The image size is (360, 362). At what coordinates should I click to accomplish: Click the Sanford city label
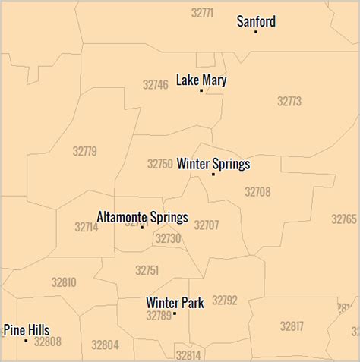tap(256, 21)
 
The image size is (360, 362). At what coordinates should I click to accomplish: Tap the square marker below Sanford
tap(256, 32)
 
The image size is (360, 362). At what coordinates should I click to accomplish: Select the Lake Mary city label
tap(201, 80)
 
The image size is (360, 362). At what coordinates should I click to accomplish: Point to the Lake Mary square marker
tap(201, 90)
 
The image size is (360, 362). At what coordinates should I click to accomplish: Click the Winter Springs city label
tap(213, 164)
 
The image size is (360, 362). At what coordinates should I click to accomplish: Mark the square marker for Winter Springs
tap(213, 175)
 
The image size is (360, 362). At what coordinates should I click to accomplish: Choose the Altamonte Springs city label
tap(142, 217)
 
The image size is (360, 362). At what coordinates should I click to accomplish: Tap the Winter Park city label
tap(175, 303)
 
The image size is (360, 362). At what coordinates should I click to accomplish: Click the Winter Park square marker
tap(175, 313)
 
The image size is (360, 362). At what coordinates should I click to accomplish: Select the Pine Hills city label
tap(27, 330)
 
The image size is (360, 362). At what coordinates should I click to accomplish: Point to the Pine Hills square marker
tap(27, 341)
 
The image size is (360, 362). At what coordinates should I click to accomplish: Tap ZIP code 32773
tap(289, 101)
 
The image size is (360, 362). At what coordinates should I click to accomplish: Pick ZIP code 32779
tap(85, 151)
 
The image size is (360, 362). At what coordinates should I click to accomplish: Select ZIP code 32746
tap(155, 85)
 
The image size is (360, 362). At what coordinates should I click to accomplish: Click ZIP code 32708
tap(257, 192)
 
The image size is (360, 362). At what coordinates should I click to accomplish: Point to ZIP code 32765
tap(344, 219)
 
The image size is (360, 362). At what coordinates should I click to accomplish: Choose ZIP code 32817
tap(292, 326)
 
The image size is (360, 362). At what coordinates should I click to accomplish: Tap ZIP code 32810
tap(64, 282)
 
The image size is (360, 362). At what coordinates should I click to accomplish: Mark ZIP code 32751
tap(147, 270)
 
